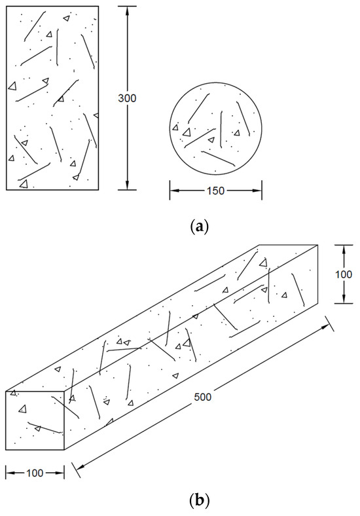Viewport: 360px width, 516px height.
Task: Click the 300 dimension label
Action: click(127, 98)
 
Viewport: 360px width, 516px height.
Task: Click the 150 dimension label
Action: click(216, 191)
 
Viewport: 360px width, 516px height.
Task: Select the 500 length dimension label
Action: click(202, 397)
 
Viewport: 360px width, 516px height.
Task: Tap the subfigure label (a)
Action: click(200, 227)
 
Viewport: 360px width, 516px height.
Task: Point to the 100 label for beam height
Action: click(344, 274)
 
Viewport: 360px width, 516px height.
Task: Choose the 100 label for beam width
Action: click(35, 473)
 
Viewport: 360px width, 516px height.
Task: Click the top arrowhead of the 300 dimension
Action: click(127, 10)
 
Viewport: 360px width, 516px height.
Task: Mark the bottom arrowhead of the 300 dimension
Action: click(127, 185)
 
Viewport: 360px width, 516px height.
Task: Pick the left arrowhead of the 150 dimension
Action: click(174, 191)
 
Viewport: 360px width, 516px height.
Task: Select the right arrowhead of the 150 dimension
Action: click(257, 191)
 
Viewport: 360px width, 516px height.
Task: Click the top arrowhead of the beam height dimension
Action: click(344, 249)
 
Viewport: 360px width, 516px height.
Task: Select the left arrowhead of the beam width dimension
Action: click(10, 473)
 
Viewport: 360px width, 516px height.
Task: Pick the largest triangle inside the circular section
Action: click(187, 132)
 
